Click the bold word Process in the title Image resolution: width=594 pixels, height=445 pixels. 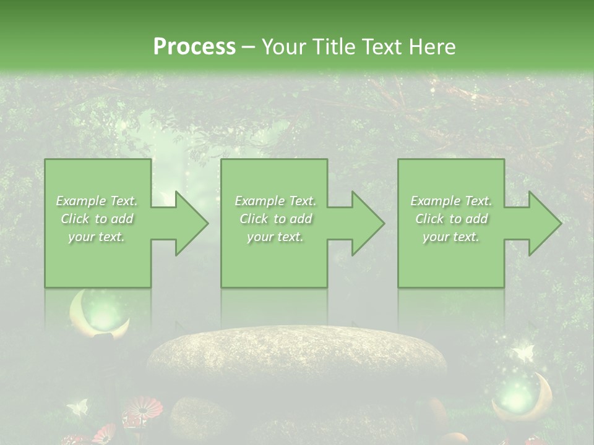coord(194,46)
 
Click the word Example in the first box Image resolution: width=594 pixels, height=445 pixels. coord(80,201)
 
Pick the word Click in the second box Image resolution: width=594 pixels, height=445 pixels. coord(253,219)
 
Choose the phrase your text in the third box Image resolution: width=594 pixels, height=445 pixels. coord(450,237)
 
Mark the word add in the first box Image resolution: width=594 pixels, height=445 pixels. coord(122,219)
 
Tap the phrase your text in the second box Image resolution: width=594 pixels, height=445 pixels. coord(275,237)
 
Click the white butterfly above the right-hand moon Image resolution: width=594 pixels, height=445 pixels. coord(523,353)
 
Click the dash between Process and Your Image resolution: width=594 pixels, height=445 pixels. coord(249,47)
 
